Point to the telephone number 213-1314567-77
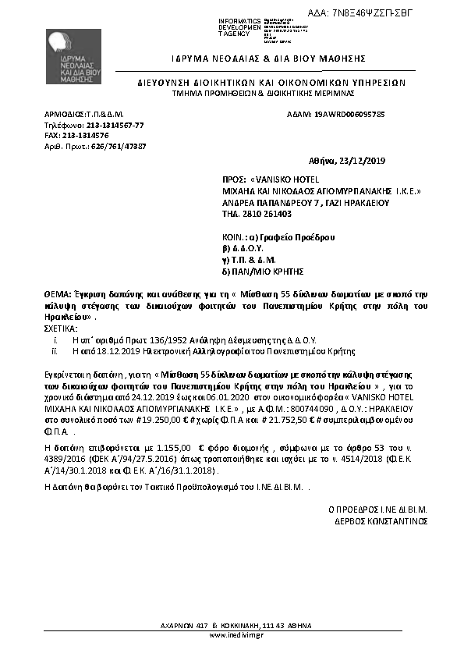[115, 125]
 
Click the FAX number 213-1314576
[86, 135]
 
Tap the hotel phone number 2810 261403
[270, 213]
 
